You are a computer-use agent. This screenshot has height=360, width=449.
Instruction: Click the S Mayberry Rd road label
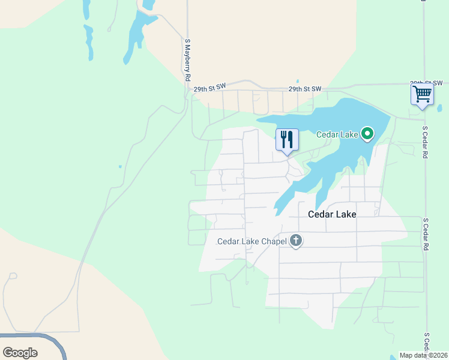point(187,61)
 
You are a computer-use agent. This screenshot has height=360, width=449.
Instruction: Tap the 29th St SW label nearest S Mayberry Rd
point(209,88)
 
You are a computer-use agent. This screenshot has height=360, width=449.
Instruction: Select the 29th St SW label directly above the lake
point(304,89)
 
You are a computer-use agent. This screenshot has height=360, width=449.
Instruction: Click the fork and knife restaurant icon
point(287,140)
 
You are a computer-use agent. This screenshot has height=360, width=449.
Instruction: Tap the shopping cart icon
point(422,94)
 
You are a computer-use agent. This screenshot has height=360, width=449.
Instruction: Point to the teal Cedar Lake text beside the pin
point(337,134)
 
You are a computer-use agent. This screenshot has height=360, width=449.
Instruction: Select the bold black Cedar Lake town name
point(332,214)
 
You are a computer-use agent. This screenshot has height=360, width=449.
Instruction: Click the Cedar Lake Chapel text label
point(252,242)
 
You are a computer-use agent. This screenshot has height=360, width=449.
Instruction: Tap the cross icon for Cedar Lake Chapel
point(295,241)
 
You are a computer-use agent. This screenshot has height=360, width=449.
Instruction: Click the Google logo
point(20,353)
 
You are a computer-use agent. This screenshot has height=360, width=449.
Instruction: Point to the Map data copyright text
point(424,355)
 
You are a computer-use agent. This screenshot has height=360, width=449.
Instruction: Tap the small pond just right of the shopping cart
point(439,109)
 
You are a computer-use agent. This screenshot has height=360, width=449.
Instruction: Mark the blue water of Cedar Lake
point(324,120)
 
